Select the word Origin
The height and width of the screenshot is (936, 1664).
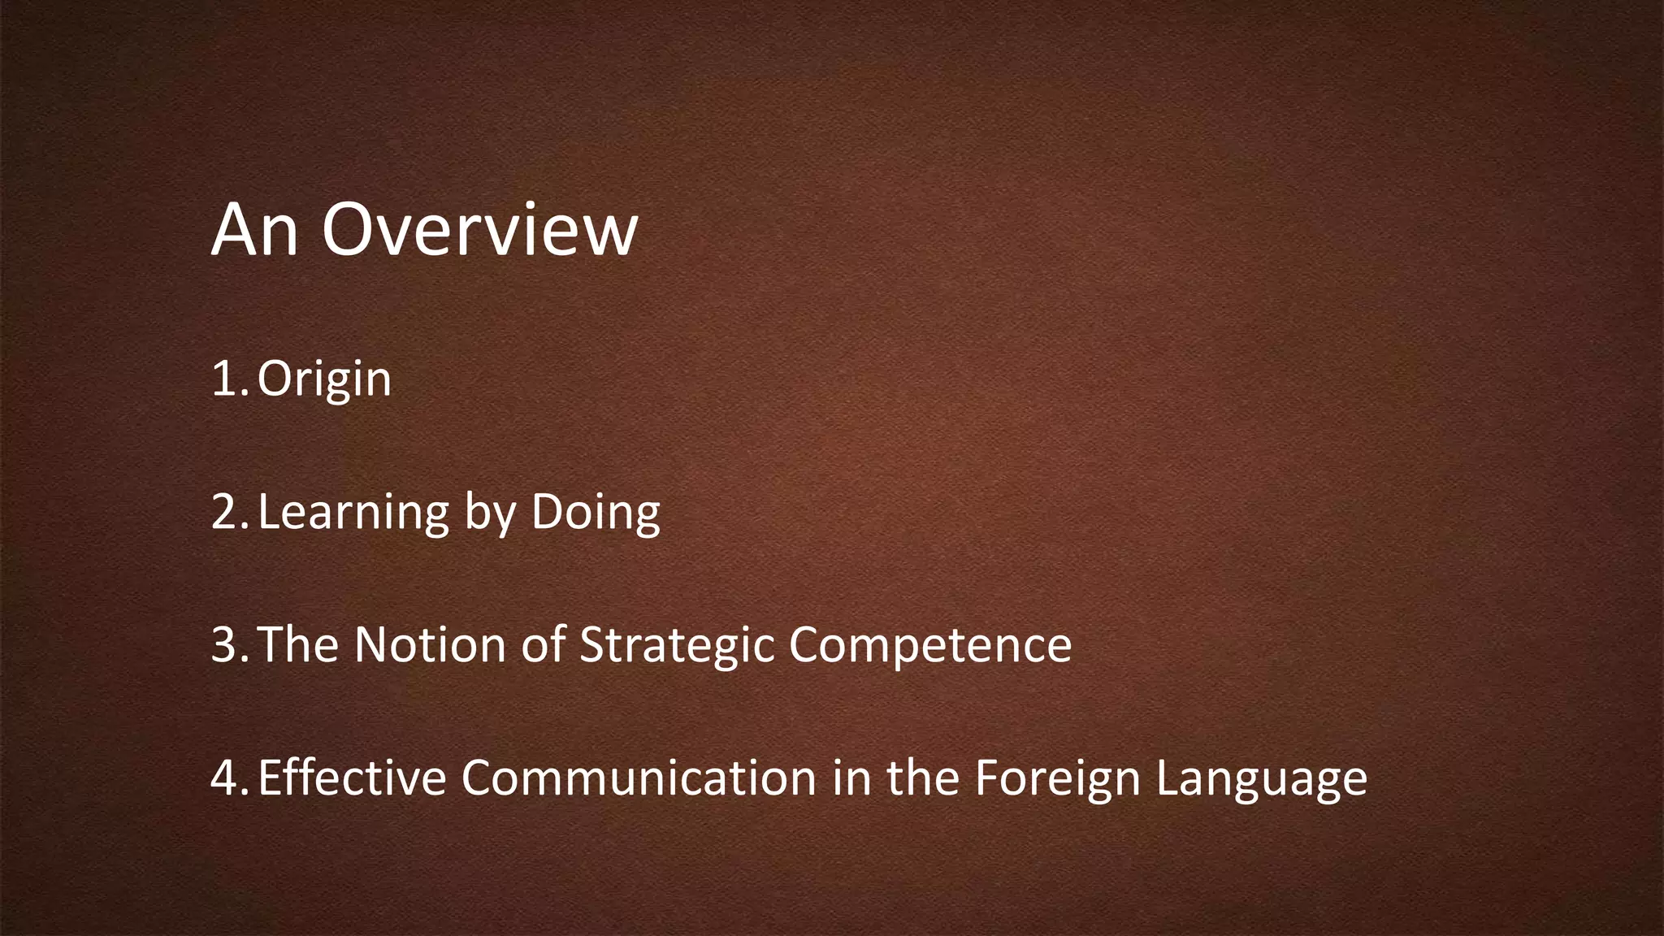pyautogui.click(x=324, y=379)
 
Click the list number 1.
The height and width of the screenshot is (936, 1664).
pyautogui.click(x=227, y=379)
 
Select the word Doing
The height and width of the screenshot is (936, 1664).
pyautogui.click(x=596, y=513)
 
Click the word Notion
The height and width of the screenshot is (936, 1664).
pyautogui.click(x=430, y=645)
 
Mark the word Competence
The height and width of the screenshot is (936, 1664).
pyautogui.click(x=930, y=645)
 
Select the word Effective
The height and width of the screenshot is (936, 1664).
pyautogui.click(x=352, y=778)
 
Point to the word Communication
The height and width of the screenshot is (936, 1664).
pyautogui.click(x=639, y=778)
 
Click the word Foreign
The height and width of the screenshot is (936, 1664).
pyautogui.click(x=1058, y=778)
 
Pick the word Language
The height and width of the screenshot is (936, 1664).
pyautogui.click(x=1262, y=778)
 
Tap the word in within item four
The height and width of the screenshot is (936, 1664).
pyautogui.click(x=851, y=778)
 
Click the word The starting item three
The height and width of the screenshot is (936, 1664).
pyautogui.click(x=297, y=645)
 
